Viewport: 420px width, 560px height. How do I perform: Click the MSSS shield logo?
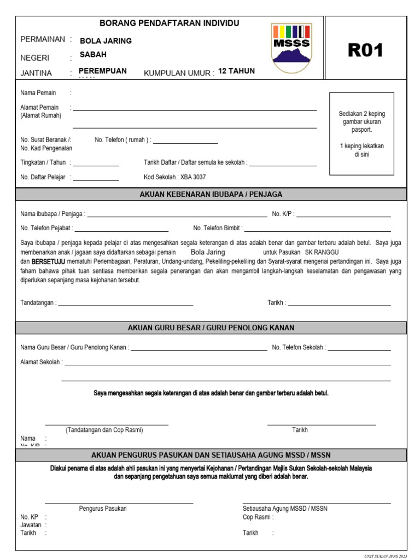291,48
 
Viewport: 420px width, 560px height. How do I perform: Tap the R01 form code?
365,50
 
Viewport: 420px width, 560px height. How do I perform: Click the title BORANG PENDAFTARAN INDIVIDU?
169,23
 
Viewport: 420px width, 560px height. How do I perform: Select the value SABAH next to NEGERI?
93,55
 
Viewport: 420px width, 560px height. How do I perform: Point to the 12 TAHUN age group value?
236,71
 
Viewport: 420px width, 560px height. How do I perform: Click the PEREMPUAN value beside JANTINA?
103,71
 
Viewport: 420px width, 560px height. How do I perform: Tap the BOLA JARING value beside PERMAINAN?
106,40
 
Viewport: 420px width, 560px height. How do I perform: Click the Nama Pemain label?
38,93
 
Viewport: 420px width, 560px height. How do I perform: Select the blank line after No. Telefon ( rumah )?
185,143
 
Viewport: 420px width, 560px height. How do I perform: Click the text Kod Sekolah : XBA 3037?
174,177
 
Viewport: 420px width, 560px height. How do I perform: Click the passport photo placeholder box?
362,134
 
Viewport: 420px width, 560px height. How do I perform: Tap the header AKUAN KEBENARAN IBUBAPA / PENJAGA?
211,194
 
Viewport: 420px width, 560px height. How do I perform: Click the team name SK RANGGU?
322,252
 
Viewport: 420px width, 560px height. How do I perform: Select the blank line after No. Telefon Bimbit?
318,231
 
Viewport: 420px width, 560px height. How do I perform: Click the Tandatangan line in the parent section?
126,305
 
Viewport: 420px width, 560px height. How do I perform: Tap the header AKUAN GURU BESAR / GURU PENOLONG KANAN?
211,328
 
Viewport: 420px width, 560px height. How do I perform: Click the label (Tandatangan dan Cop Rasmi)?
104,430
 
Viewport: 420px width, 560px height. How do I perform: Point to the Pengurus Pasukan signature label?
103,509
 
